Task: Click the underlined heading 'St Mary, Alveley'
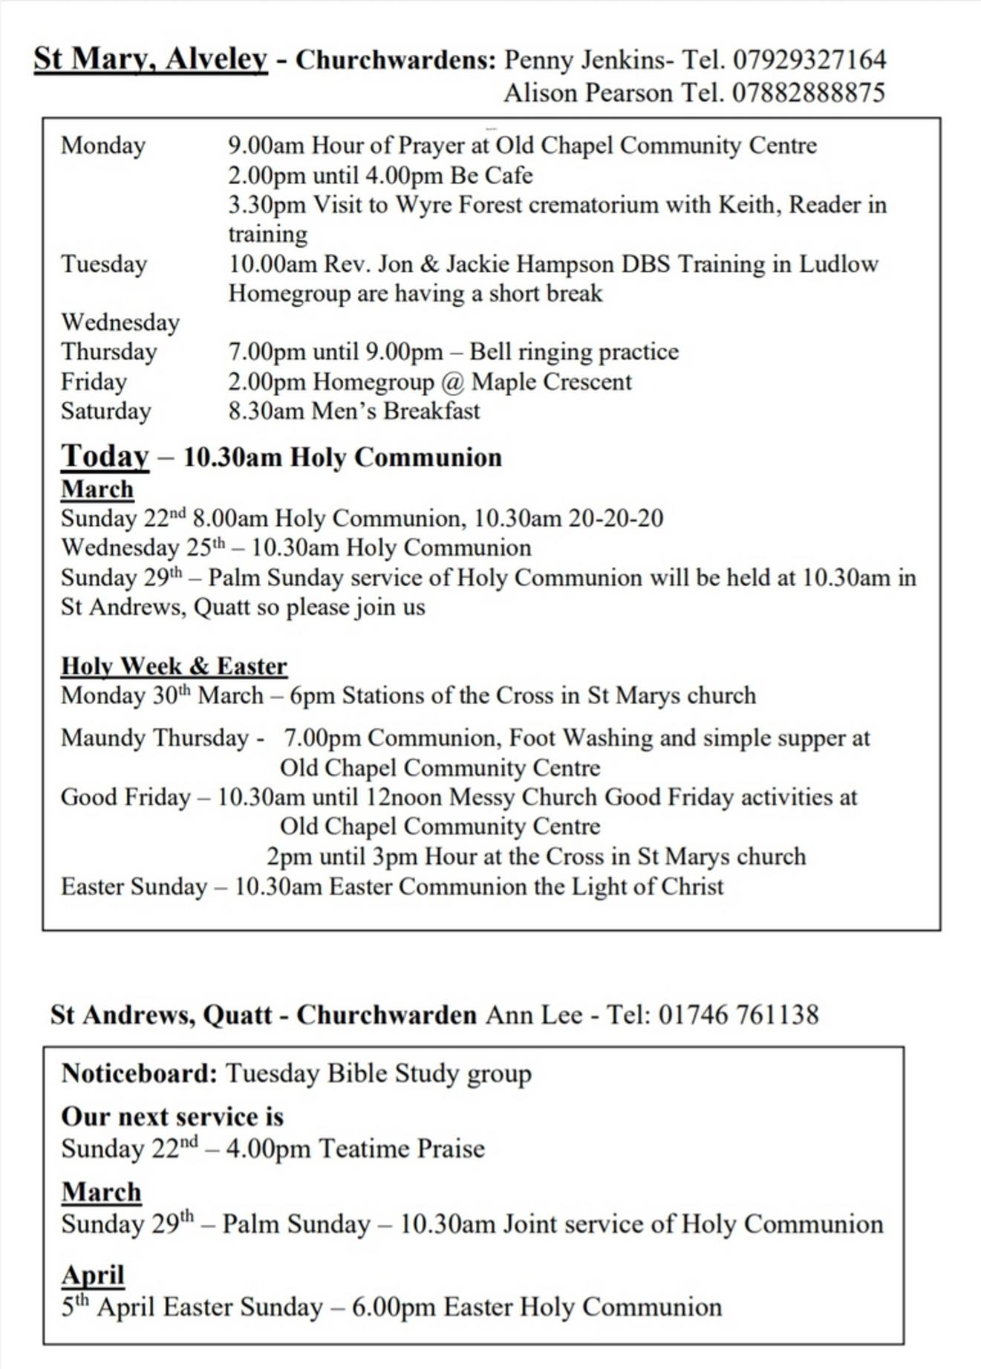click(x=150, y=59)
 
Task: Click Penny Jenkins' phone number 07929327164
click(x=809, y=59)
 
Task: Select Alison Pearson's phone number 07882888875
click(x=809, y=93)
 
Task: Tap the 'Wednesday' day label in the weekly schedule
click(x=120, y=322)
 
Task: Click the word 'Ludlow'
click(x=838, y=264)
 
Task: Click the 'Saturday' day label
click(x=106, y=411)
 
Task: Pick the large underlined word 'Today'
click(x=105, y=455)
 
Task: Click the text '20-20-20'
click(x=616, y=518)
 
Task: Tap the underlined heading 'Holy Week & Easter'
click(x=174, y=666)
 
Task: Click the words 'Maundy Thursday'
click(x=154, y=738)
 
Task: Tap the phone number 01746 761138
click(x=738, y=1015)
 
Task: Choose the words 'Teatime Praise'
click(x=401, y=1148)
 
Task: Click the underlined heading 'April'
click(x=93, y=1275)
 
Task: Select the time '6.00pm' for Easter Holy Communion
click(x=393, y=1307)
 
